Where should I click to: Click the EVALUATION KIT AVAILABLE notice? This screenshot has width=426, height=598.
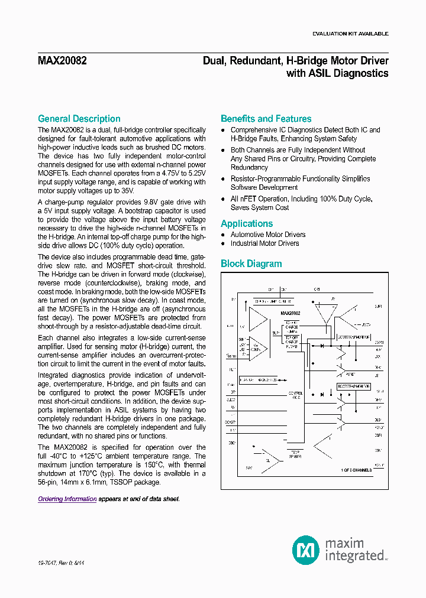coord(350,34)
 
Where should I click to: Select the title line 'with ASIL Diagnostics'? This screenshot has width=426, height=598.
coord(337,74)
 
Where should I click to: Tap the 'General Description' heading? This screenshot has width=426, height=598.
coord(79,119)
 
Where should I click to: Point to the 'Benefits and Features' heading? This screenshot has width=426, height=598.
coord(266,119)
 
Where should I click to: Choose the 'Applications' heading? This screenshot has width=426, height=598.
coord(247,224)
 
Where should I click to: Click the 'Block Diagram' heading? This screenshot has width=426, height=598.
coord(251,264)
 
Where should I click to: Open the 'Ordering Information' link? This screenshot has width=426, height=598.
coord(67,499)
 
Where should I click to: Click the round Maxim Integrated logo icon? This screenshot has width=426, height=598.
coord(305,550)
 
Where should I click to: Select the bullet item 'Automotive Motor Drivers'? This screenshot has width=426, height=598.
coord(268,235)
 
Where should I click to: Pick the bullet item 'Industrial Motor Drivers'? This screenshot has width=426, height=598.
coord(264,243)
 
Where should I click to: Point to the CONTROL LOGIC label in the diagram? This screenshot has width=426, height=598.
coord(295,395)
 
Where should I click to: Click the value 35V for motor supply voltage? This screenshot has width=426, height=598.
coord(127,191)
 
